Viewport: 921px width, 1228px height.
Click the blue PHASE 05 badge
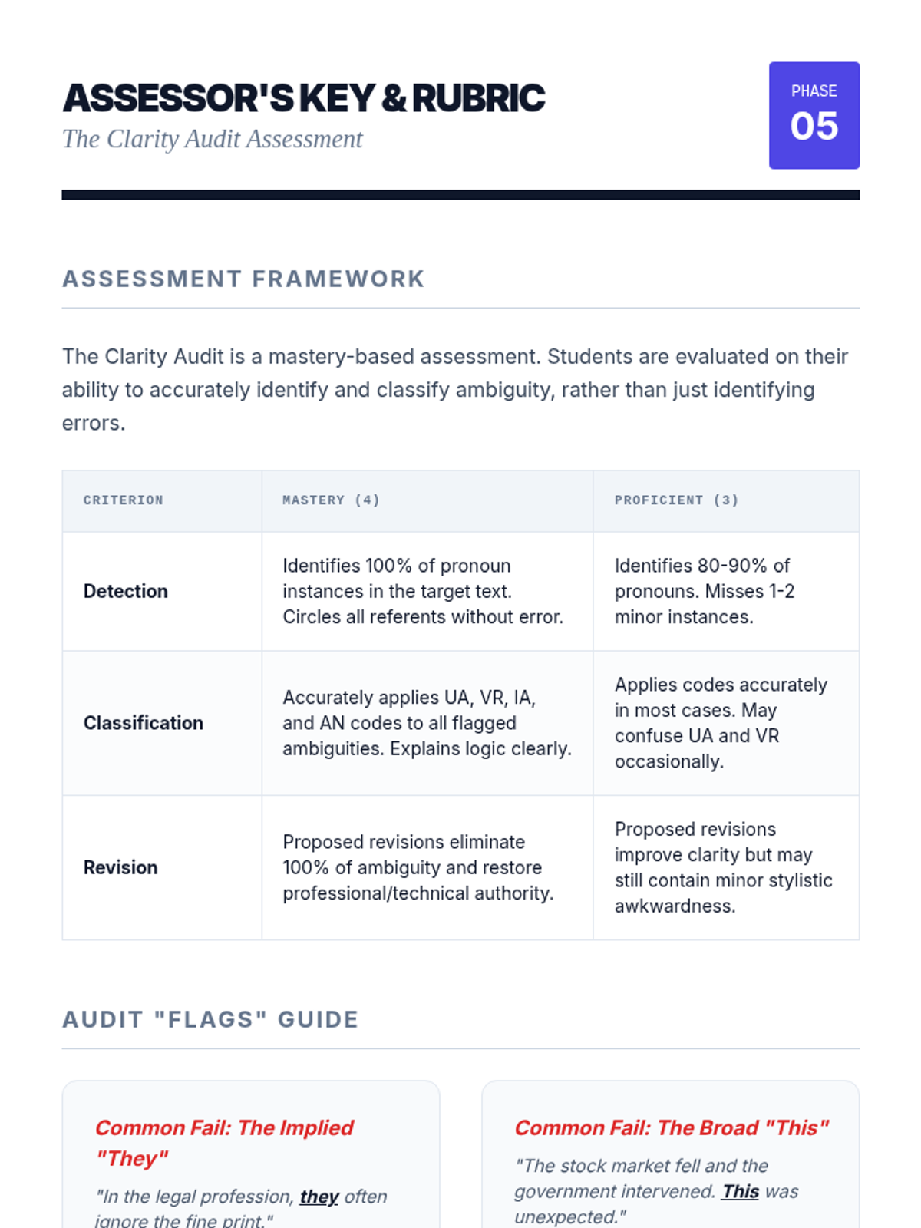click(814, 115)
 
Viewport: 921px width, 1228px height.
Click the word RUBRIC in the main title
click(478, 98)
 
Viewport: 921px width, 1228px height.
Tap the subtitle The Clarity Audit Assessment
click(212, 139)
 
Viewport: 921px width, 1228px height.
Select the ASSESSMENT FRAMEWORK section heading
click(243, 279)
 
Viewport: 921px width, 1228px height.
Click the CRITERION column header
click(124, 500)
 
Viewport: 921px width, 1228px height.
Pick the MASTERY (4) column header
click(331, 500)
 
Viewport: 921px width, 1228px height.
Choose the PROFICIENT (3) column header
click(676, 500)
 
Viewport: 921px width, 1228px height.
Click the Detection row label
click(126, 591)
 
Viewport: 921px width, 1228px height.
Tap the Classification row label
click(144, 723)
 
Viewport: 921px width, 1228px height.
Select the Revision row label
click(120, 867)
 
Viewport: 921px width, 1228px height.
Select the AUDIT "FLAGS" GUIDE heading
click(210, 1019)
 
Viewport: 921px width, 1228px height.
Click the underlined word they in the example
click(319, 1197)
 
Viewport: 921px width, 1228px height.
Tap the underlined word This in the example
click(740, 1191)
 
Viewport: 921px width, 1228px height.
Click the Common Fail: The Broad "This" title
click(672, 1127)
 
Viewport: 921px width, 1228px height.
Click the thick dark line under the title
click(460, 195)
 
